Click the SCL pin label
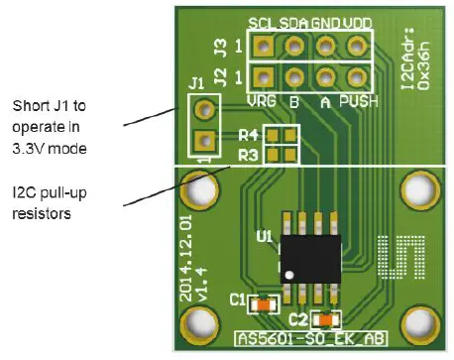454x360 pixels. (x=262, y=23)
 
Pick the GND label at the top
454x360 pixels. (x=325, y=23)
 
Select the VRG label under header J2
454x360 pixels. (x=261, y=99)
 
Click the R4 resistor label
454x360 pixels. (x=248, y=135)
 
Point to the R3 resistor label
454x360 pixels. (x=248, y=155)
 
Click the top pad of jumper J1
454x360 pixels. (x=202, y=108)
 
